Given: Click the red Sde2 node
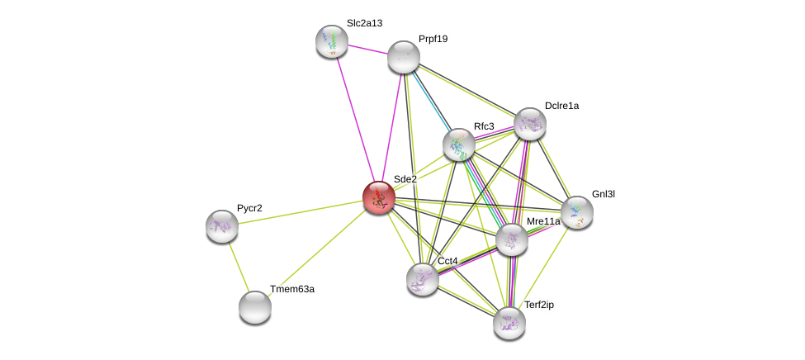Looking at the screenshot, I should [x=379, y=198].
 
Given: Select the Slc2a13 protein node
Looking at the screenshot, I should [x=332, y=41].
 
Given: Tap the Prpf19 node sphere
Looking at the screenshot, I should [x=404, y=57].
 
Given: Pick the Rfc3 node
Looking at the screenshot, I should [x=459, y=144].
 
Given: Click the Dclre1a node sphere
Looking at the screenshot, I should [x=530, y=124].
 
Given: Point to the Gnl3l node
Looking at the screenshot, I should [x=577, y=212].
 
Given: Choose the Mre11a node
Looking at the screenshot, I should [x=512, y=239].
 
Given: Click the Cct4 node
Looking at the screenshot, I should [x=423, y=279].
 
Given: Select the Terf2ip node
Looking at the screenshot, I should [x=509, y=322].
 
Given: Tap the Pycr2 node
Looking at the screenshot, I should [x=222, y=225].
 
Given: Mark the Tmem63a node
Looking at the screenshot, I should [x=255, y=307].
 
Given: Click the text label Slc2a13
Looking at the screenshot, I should [x=364, y=23].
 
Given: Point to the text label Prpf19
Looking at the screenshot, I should [x=433, y=39].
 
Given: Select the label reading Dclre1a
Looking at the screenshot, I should [x=561, y=106].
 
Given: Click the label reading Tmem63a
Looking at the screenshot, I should [x=292, y=289].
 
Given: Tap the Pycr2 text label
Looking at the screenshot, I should [x=249, y=208].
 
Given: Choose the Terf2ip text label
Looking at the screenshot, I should [x=539, y=305].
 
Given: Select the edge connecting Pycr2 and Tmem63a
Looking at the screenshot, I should [x=239, y=266].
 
